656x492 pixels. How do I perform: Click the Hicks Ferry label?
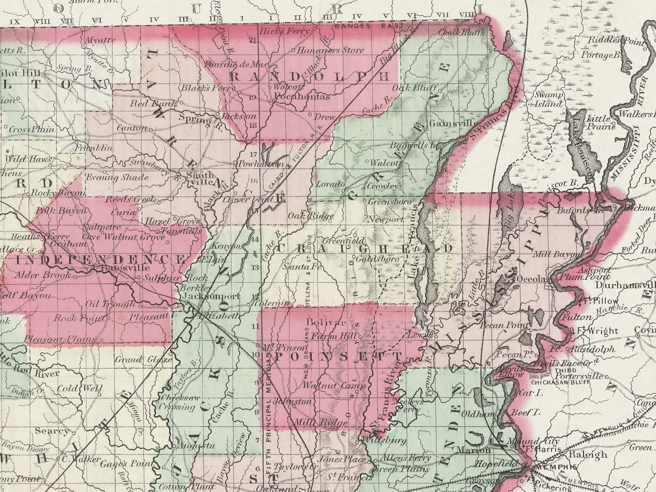[284, 31]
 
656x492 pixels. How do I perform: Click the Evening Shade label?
[117, 177]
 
